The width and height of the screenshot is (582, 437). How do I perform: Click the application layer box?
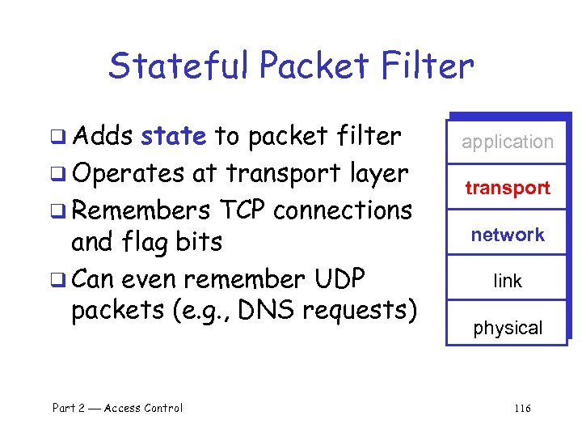tap(508, 142)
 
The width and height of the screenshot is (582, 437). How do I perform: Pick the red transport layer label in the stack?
tap(508, 188)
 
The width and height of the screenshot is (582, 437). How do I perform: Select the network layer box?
tap(508, 235)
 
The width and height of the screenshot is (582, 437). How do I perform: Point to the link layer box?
tap(508, 281)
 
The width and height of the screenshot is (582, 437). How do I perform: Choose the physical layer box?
tap(508, 328)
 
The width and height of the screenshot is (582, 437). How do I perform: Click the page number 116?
tap(522, 408)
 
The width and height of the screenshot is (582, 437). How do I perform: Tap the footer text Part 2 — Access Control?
tap(118, 408)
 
